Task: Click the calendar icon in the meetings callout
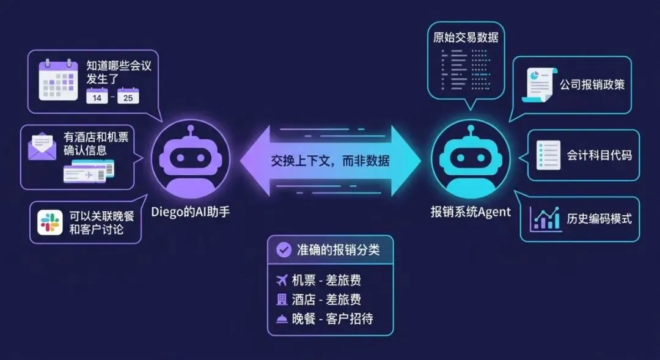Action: [x=58, y=79]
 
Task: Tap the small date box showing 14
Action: [x=97, y=97]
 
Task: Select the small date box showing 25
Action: [x=128, y=97]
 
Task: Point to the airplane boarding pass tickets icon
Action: [x=89, y=172]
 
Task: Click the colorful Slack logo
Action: [x=50, y=222]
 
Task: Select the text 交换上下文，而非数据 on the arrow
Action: [x=330, y=161]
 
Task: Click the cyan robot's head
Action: [x=470, y=158]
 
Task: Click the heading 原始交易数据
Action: [x=466, y=37]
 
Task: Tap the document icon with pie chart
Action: [x=540, y=86]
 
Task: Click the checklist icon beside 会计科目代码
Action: [x=548, y=155]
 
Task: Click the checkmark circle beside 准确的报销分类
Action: [x=284, y=249]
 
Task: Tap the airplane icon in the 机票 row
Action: [x=282, y=281]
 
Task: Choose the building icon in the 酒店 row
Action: [x=282, y=299]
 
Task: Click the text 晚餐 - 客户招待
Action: [x=332, y=318]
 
